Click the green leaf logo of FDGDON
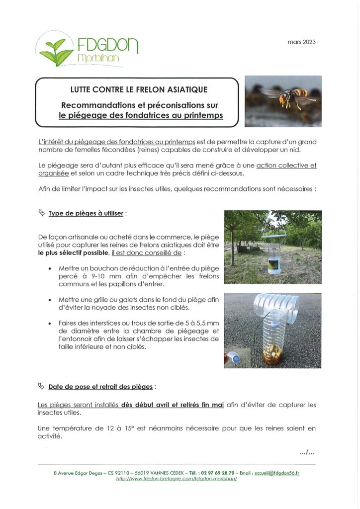point(56,51)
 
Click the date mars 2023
point(301,42)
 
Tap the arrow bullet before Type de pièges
point(41,213)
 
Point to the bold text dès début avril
point(141,405)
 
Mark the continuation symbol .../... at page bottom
point(307,452)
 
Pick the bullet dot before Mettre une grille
point(52,300)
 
